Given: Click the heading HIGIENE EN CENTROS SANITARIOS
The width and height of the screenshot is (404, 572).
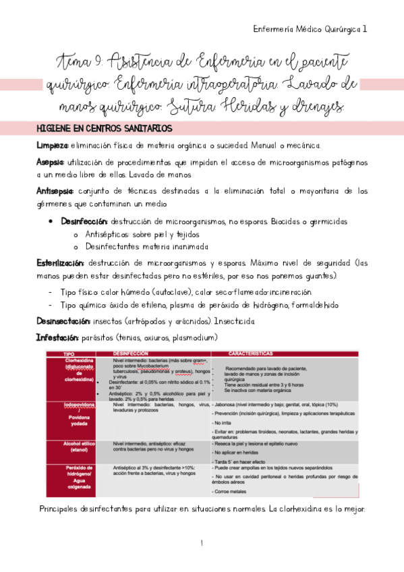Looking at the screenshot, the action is [x=105, y=128].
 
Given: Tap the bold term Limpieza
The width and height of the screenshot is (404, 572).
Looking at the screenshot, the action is [x=52, y=146].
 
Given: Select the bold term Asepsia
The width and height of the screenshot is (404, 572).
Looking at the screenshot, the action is [x=50, y=162].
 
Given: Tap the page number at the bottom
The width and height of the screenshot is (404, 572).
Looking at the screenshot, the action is [x=202, y=542].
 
